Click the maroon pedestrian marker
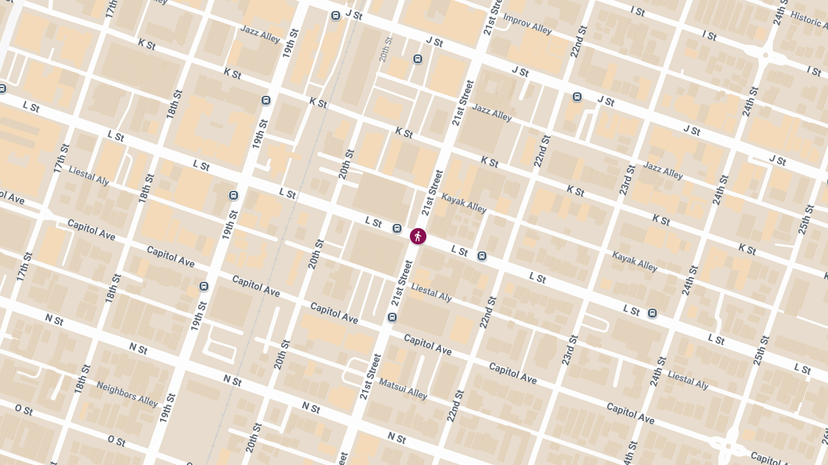417,236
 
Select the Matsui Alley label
403,389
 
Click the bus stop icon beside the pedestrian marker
397,228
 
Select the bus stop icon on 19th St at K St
266,101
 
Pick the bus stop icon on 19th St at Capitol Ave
204,286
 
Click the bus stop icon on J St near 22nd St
577,97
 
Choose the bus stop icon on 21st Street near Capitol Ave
392,317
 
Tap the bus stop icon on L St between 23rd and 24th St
652,313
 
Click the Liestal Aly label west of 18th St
89,176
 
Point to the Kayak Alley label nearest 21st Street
464,203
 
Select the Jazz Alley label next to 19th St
260,34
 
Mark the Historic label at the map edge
808,20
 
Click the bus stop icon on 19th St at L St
233,195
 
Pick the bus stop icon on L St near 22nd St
482,256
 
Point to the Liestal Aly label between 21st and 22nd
431,292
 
